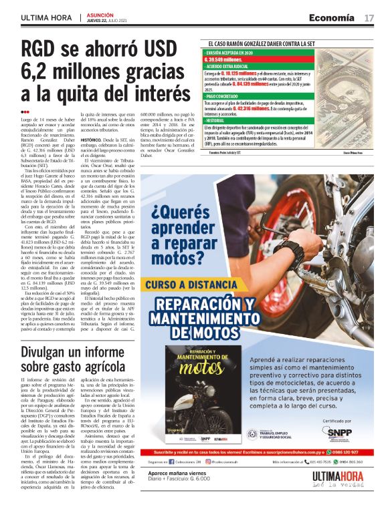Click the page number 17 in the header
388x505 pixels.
pyautogui.click(x=369, y=17)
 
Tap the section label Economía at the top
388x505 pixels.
pyautogui.click(x=333, y=17)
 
